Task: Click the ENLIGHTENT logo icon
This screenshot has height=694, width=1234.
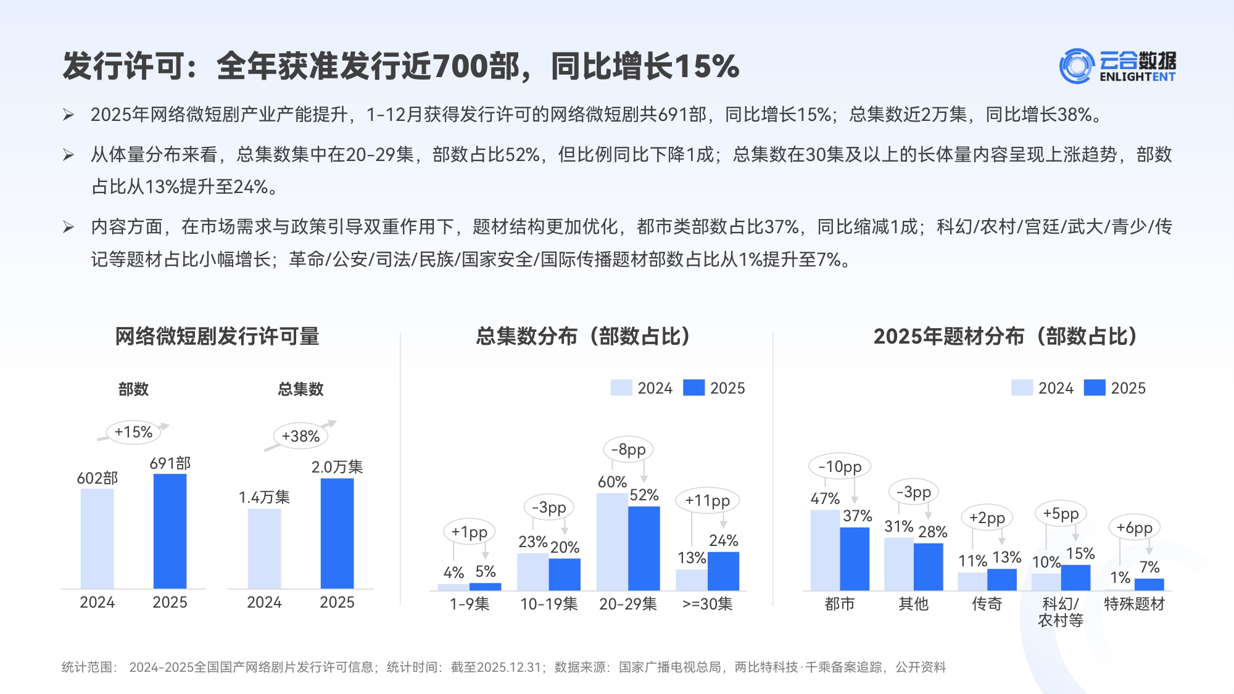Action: point(1077,66)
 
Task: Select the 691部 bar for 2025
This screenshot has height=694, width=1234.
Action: point(170,531)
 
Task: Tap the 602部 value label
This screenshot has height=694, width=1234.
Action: point(97,478)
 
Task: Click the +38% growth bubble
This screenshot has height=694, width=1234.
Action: point(300,436)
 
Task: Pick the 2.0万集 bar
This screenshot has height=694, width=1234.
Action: point(337,534)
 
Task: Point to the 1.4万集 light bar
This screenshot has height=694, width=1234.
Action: point(264,548)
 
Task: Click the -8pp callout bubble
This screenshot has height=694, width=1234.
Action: point(628,450)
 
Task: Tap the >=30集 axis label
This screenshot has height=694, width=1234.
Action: point(707,604)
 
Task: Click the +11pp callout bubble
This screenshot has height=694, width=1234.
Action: point(707,500)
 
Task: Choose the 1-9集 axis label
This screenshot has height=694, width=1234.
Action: point(469,604)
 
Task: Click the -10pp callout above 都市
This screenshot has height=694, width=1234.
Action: point(840,467)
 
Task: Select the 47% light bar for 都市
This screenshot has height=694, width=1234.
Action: point(825,550)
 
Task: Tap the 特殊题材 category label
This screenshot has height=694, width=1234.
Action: point(1134,604)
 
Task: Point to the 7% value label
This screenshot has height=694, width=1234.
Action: point(1149,567)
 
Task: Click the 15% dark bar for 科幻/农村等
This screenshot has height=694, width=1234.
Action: point(1075,577)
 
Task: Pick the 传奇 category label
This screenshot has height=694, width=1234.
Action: point(987,604)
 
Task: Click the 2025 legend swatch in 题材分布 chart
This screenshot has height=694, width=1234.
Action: point(1095,387)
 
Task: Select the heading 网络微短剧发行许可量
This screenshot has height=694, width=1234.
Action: point(217,336)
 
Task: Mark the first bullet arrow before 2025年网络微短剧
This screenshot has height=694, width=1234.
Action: point(68,115)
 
